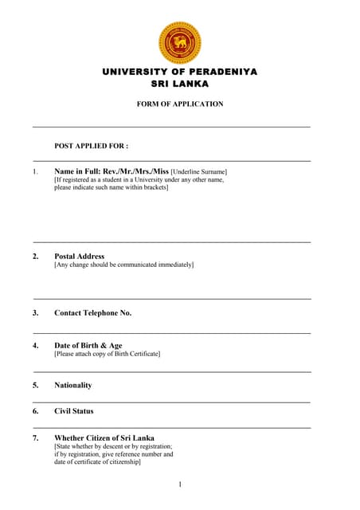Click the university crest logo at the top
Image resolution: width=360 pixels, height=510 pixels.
pyautogui.click(x=180, y=42)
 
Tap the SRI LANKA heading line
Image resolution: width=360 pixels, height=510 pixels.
pyautogui.click(x=180, y=84)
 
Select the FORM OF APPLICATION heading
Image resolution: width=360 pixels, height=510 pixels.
pyautogui.click(x=181, y=104)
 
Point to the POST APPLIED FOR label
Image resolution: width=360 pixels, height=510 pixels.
pyautogui.click(x=91, y=147)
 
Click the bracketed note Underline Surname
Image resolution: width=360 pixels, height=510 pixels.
pyautogui.click(x=198, y=172)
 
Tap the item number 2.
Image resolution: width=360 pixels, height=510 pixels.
pyautogui.click(x=35, y=257)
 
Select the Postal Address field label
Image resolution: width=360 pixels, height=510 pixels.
pyautogui.click(x=79, y=257)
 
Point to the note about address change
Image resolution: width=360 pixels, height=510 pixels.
pyautogui.click(x=123, y=265)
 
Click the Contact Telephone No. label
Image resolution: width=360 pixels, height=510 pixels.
pyautogui.click(x=92, y=313)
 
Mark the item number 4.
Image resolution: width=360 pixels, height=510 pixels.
pyautogui.click(x=35, y=346)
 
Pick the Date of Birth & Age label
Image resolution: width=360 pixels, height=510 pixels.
pyautogui.click(x=88, y=346)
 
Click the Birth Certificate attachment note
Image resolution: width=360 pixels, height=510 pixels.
pyautogui.click(x=107, y=354)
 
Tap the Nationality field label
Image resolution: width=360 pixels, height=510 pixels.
pyautogui.click(x=72, y=385)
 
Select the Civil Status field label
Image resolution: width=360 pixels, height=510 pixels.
pyautogui.click(x=73, y=411)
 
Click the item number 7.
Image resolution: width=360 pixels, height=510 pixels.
pyautogui.click(x=35, y=438)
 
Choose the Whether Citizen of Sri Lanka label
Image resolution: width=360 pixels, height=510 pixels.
pyautogui.click(x=104, y=438)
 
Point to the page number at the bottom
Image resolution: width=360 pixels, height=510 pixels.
pyautogui.click(x=180, y=484)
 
